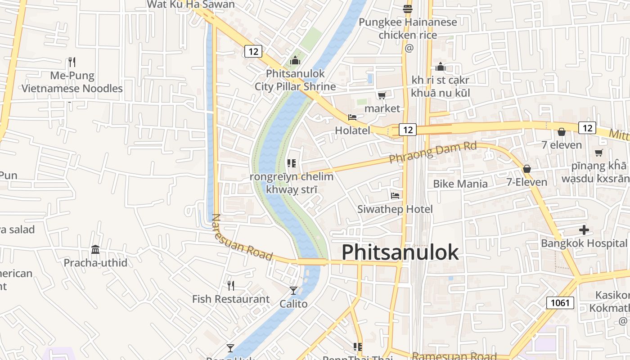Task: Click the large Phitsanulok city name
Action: [400, 252]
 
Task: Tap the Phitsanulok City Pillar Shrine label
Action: [295, 80]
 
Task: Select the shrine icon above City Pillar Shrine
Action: [295, 60]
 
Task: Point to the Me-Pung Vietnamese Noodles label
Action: [72, 82]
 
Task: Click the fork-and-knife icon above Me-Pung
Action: [72, 62]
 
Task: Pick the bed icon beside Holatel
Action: [352, 117]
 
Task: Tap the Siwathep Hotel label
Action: [395, 209]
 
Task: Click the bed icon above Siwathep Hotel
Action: [395, 196]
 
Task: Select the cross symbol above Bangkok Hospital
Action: [584, 230]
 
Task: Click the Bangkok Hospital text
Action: [584, 243]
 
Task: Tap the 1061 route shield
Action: [560, 302]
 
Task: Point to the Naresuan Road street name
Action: [242, 237]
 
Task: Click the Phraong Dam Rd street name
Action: [432, 153]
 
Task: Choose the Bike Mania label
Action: [460, 184]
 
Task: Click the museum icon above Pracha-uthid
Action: [95, 249]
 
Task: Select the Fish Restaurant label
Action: [231, 299]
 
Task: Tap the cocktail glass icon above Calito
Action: [293, 291]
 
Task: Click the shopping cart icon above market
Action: [382, 95]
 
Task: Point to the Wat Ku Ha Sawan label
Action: [191, 4]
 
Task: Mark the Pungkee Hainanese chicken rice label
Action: [408, 28]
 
